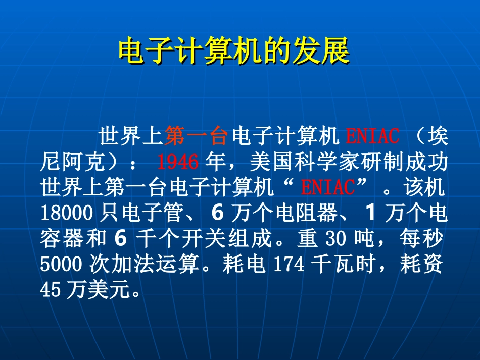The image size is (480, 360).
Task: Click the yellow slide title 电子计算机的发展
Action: point(234,52)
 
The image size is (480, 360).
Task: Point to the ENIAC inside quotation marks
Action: point(328,188)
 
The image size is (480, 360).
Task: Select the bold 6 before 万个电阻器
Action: point(217,214)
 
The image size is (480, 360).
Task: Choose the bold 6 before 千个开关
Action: point(119,239)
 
